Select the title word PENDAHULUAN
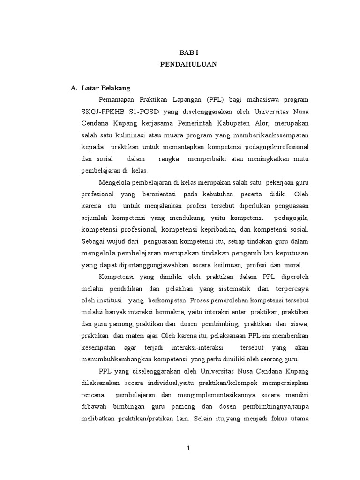[x=188, y=65]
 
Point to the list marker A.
[x=73, y=88]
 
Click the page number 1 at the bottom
[x=188, y=448]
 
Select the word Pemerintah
[x=195, y=123]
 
